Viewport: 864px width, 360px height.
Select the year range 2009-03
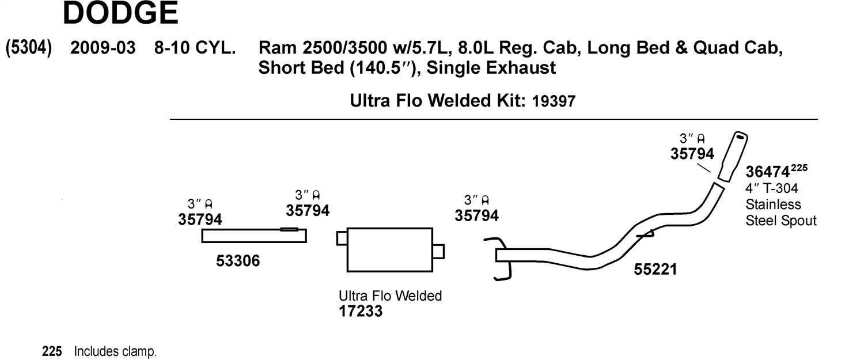point(103,48)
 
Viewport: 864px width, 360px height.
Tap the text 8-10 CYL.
point(195,48)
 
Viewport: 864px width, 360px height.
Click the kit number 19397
point(554,101)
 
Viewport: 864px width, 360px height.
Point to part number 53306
point(238,261)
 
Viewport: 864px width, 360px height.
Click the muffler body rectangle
point(389,249)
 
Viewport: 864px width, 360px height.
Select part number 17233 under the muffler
point(361,311)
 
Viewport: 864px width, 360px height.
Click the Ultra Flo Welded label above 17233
point(391,295)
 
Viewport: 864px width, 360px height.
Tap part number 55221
point(655,270)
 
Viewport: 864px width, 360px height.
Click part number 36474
point(767,172)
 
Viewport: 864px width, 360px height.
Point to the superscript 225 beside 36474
point(799,168)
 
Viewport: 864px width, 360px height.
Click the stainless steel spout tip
point(733,157)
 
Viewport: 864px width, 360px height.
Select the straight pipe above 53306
point(254,236)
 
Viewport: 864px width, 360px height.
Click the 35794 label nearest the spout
point(692,154)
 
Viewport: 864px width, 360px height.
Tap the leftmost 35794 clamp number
point(200,219)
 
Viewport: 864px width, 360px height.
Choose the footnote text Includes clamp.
point(115,351)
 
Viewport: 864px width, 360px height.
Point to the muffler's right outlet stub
point(438,252)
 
